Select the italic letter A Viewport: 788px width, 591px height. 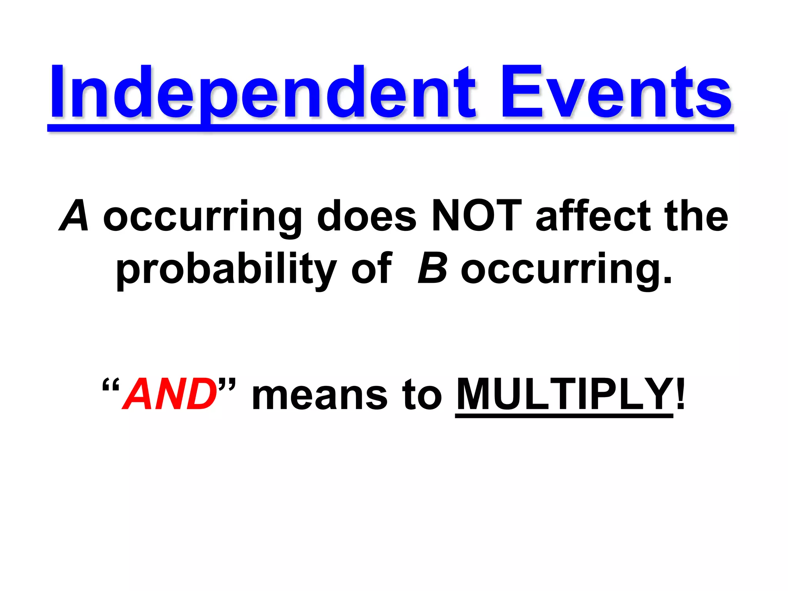click(74, 216)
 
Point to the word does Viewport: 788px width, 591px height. click(367, 216)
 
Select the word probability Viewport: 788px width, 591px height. click(227, 269)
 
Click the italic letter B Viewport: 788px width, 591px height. click(432, 268)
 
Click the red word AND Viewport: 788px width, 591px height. click(170, 394)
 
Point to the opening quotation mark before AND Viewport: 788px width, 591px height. click(111, 385)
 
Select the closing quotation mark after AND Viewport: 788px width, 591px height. click(227, 385)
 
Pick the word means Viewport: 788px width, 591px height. click(319, 396)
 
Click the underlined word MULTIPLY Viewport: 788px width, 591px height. click(564, 394)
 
